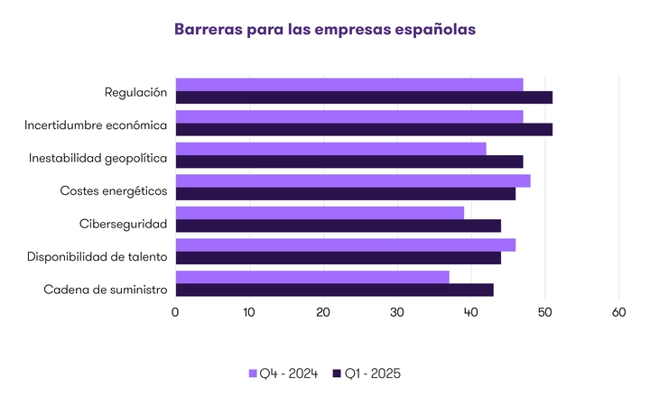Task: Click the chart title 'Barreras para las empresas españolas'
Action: click(325, 29)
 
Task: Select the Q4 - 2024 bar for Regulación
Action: click(349, 84)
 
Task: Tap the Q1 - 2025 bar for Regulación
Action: click(364, 97)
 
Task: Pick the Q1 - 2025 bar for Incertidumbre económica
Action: click(364, 129)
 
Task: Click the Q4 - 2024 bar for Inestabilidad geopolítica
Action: click(330, 149)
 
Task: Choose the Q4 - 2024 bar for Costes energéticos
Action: click(353, 180)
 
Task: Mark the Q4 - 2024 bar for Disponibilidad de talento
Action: click(346, 244)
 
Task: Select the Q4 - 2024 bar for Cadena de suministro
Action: click(312, 277)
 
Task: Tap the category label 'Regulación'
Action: click(136, 92)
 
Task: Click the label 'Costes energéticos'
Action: click(114, 190)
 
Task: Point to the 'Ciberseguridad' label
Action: click(124, 223)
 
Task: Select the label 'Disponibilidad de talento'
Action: click(97, 256)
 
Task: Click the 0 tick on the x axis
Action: click(175, 312)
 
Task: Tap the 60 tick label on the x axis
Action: click(619, 312)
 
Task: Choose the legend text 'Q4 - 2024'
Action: click(289, 373)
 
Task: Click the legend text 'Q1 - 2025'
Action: click(373, 373)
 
